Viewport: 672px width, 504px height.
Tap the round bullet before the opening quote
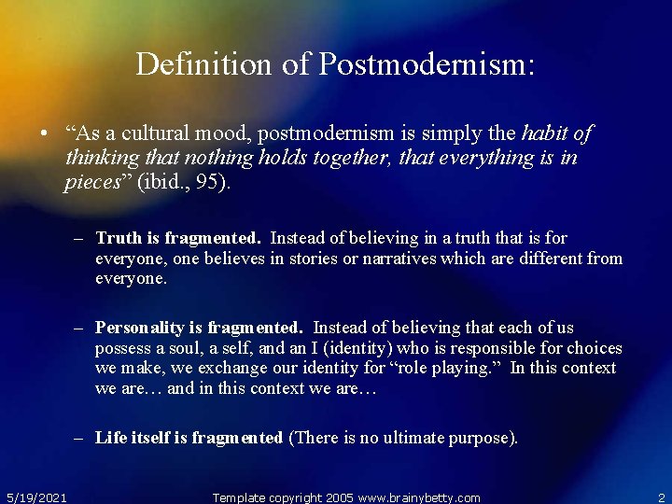pyautogui.click(x=44, y=134)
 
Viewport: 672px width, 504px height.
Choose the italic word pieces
pyautogui.click(x=91, y=182)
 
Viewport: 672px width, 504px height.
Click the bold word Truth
pyautogui.click(x=118, y=238)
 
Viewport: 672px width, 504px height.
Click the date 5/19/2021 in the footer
pyautogui.click(x=35, y=497)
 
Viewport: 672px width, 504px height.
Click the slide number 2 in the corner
pyautogui.click(x=661, y=497)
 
